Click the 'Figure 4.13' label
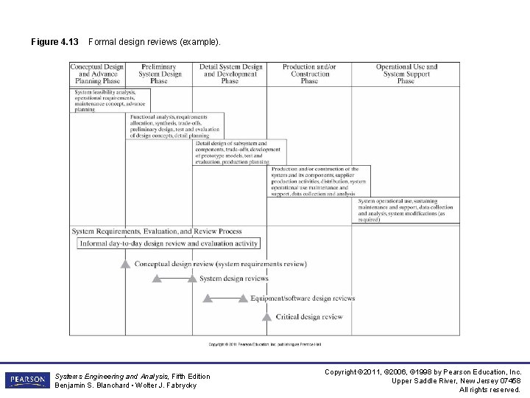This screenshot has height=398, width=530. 54,42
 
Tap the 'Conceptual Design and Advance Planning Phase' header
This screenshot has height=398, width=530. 97,74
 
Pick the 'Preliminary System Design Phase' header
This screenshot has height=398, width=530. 159,74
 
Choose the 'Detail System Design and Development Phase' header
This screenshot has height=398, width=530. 230,74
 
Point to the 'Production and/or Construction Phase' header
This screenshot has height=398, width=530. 309,74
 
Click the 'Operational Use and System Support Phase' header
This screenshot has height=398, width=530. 406,74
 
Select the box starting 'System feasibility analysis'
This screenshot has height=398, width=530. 110,100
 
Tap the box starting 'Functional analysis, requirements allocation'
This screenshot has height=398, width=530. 175,126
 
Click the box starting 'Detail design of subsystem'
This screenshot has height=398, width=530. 239,152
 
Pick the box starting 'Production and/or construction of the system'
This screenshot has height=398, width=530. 319,181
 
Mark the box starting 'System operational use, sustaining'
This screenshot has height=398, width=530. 408,210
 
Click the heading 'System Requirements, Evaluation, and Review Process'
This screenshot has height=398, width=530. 157,231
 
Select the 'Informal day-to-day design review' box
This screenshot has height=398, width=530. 169,243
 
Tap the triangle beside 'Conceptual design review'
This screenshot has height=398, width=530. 126,264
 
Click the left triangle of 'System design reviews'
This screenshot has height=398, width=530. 156,279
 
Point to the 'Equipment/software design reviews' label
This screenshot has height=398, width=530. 302,298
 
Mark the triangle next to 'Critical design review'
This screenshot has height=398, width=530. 267,317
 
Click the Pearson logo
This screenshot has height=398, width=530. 27,380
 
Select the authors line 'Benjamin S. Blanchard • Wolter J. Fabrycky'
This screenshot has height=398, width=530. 126,385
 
